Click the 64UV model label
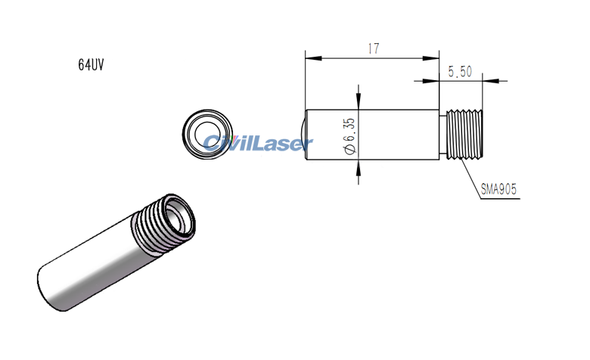pos(90,65)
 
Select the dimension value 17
pos(372,48)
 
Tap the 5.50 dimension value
pos(460,71)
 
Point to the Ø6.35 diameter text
pos(349,135)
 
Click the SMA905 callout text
pos(499,190)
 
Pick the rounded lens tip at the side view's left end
pos(303,135)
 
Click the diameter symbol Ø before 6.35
pos(349,150)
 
